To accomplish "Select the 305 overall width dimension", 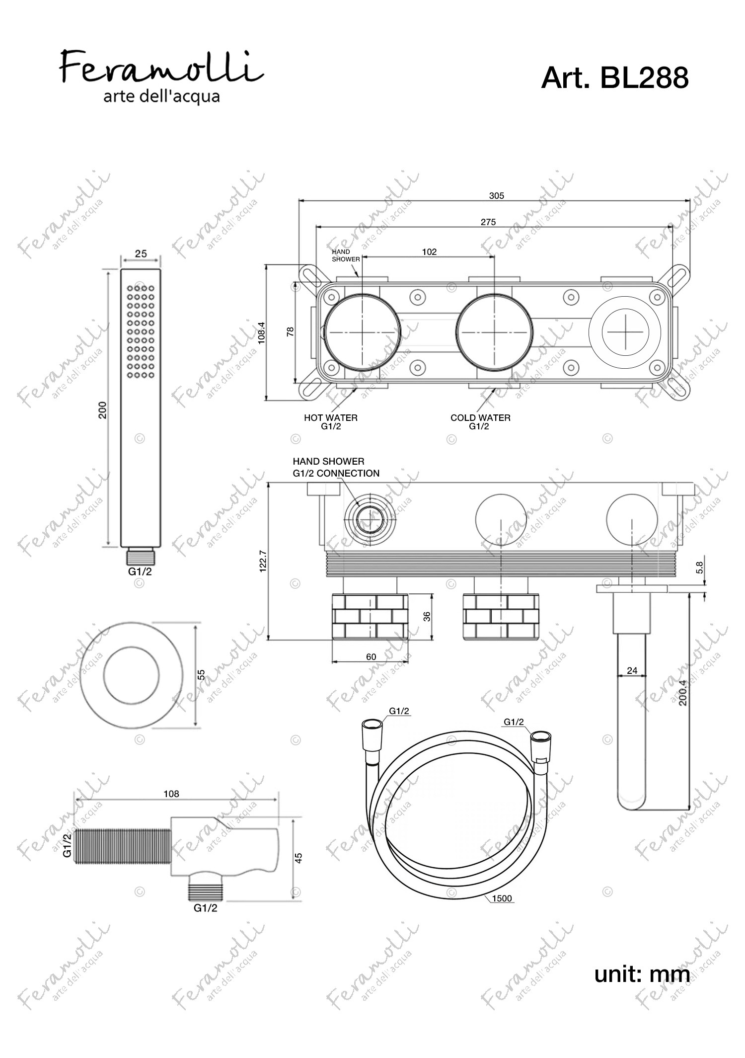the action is pyautogui.click(x=497, y=196).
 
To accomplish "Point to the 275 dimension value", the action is pyautogui.click(x=488, y=222).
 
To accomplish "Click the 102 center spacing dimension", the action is pyautogui.click(x=429, y=252).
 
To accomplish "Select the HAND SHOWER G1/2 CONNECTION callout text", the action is pyautogui.click(x=336, y=468).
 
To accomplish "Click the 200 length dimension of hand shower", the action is pyautogui.click(x=103, y=410).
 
